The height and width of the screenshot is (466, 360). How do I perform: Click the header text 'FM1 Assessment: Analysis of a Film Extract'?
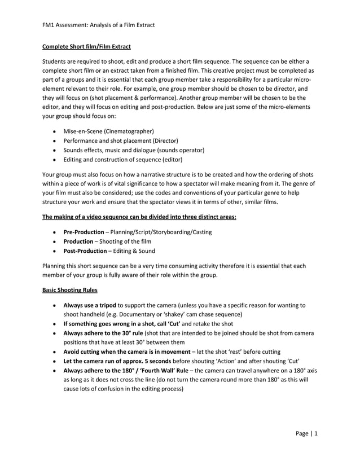[99, 25]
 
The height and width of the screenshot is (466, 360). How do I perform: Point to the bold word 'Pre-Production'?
[84, 232]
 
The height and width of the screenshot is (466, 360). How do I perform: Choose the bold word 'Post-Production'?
[85, 250]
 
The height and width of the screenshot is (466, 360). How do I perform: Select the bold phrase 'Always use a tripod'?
[90, 305]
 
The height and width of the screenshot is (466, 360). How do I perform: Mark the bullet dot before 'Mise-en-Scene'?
[54, 131]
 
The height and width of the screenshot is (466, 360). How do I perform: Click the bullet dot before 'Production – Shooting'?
[54, 241]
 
